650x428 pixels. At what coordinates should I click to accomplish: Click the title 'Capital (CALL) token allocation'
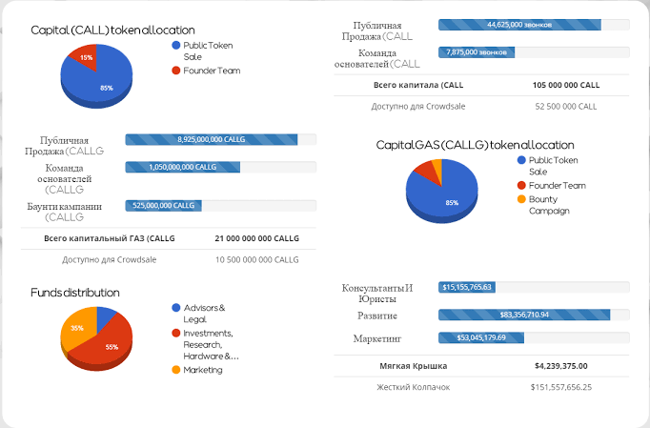(x=112, y=31)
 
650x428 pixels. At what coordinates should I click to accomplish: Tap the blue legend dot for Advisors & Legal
(x=175, y=308)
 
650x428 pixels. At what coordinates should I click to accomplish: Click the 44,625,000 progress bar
(x=519, y=25)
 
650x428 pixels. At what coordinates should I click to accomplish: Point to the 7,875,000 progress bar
(x=477, y=52)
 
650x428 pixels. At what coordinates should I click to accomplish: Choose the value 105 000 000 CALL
(x=566, y=85)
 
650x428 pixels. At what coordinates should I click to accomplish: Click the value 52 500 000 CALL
(x=566, y=107)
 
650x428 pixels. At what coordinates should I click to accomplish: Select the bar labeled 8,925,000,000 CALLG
(x=212, y=139)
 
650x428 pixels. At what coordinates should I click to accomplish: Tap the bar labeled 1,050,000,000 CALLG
(x=183, y=167)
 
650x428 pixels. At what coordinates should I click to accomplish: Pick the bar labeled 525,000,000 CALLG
(x=163, y=206)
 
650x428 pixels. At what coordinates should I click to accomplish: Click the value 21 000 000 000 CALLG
(x=257, y=238)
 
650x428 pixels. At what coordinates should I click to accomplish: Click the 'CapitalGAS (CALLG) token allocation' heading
(x=475, y=145)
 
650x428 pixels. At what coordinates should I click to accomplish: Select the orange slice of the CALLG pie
(x=437, y=166)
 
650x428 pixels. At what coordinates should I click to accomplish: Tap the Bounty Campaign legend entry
(x=543, y=205)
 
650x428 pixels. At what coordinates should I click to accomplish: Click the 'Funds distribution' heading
(x=75, y=293)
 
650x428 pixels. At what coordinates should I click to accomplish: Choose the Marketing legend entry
(x=197, y=370)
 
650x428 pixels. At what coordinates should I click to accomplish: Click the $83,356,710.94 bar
(x=524, y=315)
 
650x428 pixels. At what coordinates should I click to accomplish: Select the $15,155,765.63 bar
(x=467, y=287)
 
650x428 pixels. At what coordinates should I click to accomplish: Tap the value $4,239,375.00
(x=560, y=366)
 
